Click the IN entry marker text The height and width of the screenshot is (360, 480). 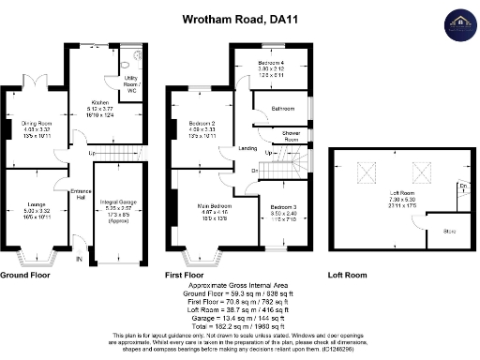79,259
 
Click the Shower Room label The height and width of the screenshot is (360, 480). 292,136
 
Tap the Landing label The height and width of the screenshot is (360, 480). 247,148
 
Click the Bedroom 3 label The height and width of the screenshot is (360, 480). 284,206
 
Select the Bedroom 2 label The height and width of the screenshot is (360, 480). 202,124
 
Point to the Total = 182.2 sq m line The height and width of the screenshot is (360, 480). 239,324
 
